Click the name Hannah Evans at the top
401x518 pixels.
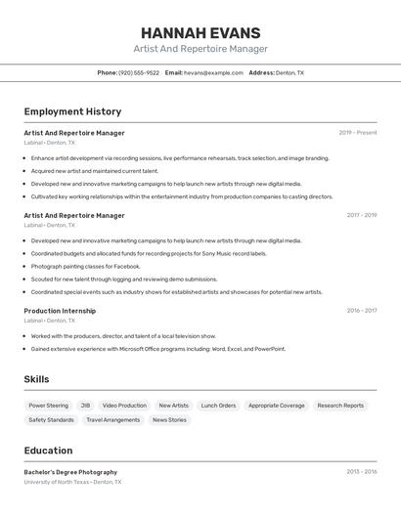(200, 32)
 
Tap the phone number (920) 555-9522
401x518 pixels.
(138, 72)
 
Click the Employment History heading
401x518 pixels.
(72, 111)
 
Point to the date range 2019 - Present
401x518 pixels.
(357, 133)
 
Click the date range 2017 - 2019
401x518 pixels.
(361, 215)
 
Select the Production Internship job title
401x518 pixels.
(60, 311)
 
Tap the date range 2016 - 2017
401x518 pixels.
(361, 311)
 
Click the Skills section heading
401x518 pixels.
(36, 379)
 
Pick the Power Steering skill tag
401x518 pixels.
(48, 406)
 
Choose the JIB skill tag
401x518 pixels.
(85, 406)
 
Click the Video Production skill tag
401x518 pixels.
(124, 406)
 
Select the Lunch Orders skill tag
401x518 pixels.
(218, 406)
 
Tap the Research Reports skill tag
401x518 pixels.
(340, 406)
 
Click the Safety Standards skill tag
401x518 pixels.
(51, 420)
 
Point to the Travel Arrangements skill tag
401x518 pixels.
(112, 420)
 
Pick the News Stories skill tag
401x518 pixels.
(169, 420)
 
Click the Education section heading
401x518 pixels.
(48, 451)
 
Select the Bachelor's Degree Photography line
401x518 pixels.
(70, 472)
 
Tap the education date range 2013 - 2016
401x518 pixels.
(361, 471)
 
